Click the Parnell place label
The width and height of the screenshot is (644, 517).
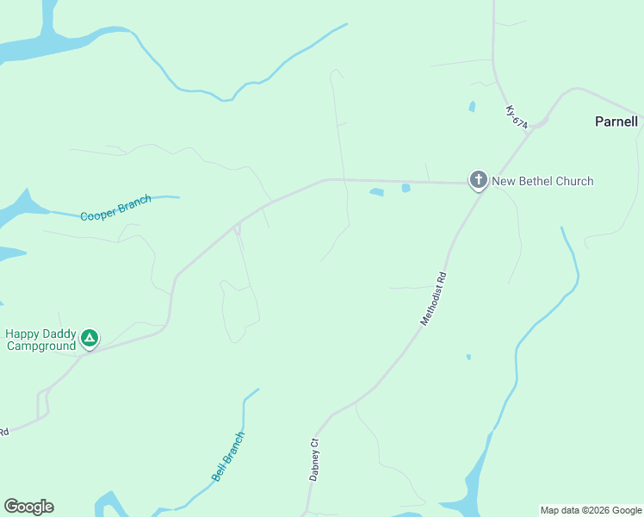tap(616, 121)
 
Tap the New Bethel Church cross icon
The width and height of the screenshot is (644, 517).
tap(478, 180)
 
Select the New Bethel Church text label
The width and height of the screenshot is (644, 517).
tap(542, 181)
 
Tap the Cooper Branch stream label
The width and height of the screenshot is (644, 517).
tap(115, 209)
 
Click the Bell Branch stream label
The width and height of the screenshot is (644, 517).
tap(228, 456)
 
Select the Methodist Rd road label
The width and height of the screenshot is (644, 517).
tap(435, 299)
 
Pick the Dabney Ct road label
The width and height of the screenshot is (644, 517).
tap(314, 459)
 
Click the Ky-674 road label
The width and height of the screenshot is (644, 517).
tap(517, 117)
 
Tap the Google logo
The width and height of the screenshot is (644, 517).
tap(28, 507)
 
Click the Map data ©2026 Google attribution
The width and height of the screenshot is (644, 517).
tap(591, 510)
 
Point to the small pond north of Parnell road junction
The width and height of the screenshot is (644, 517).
tap(472, 107)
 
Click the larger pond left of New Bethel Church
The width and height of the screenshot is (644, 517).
tap(376, 192)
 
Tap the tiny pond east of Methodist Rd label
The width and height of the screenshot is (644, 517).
tap(468, 357)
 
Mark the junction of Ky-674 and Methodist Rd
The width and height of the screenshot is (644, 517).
tap(536, 127)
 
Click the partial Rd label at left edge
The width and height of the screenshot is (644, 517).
tap(3, 431)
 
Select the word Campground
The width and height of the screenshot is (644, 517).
tap(40, 346)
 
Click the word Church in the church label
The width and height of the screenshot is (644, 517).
tap(573, 181)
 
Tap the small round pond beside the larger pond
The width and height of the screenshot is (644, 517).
tap(406, 188)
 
